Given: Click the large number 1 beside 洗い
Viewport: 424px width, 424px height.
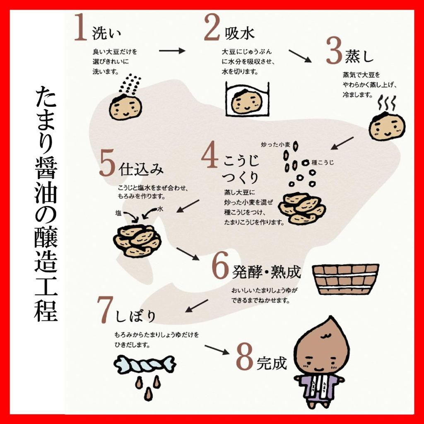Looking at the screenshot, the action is pos(81,28).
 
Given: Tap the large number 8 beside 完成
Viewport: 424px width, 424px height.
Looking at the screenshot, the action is pos(244,357).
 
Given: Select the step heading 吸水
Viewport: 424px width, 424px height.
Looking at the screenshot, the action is pos(240,34).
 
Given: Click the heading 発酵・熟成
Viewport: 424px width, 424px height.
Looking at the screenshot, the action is pos(266,272).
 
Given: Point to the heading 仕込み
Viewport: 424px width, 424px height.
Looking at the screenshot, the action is pos(141,169).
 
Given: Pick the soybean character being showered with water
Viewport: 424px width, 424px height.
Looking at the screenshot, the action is pos(125,106).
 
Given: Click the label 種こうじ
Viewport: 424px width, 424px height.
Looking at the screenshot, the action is pos(323,162).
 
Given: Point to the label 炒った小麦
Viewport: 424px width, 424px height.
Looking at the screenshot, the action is pos(275,145).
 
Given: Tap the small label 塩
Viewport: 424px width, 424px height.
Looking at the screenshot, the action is pos(118,213).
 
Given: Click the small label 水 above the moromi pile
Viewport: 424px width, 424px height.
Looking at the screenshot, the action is pos(160,209).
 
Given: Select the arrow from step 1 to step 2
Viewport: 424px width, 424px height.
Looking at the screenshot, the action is pos(172,51).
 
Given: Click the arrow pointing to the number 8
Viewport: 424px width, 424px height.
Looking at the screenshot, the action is pos(217,349).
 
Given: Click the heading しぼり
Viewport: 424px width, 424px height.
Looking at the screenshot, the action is pos(135,316).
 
